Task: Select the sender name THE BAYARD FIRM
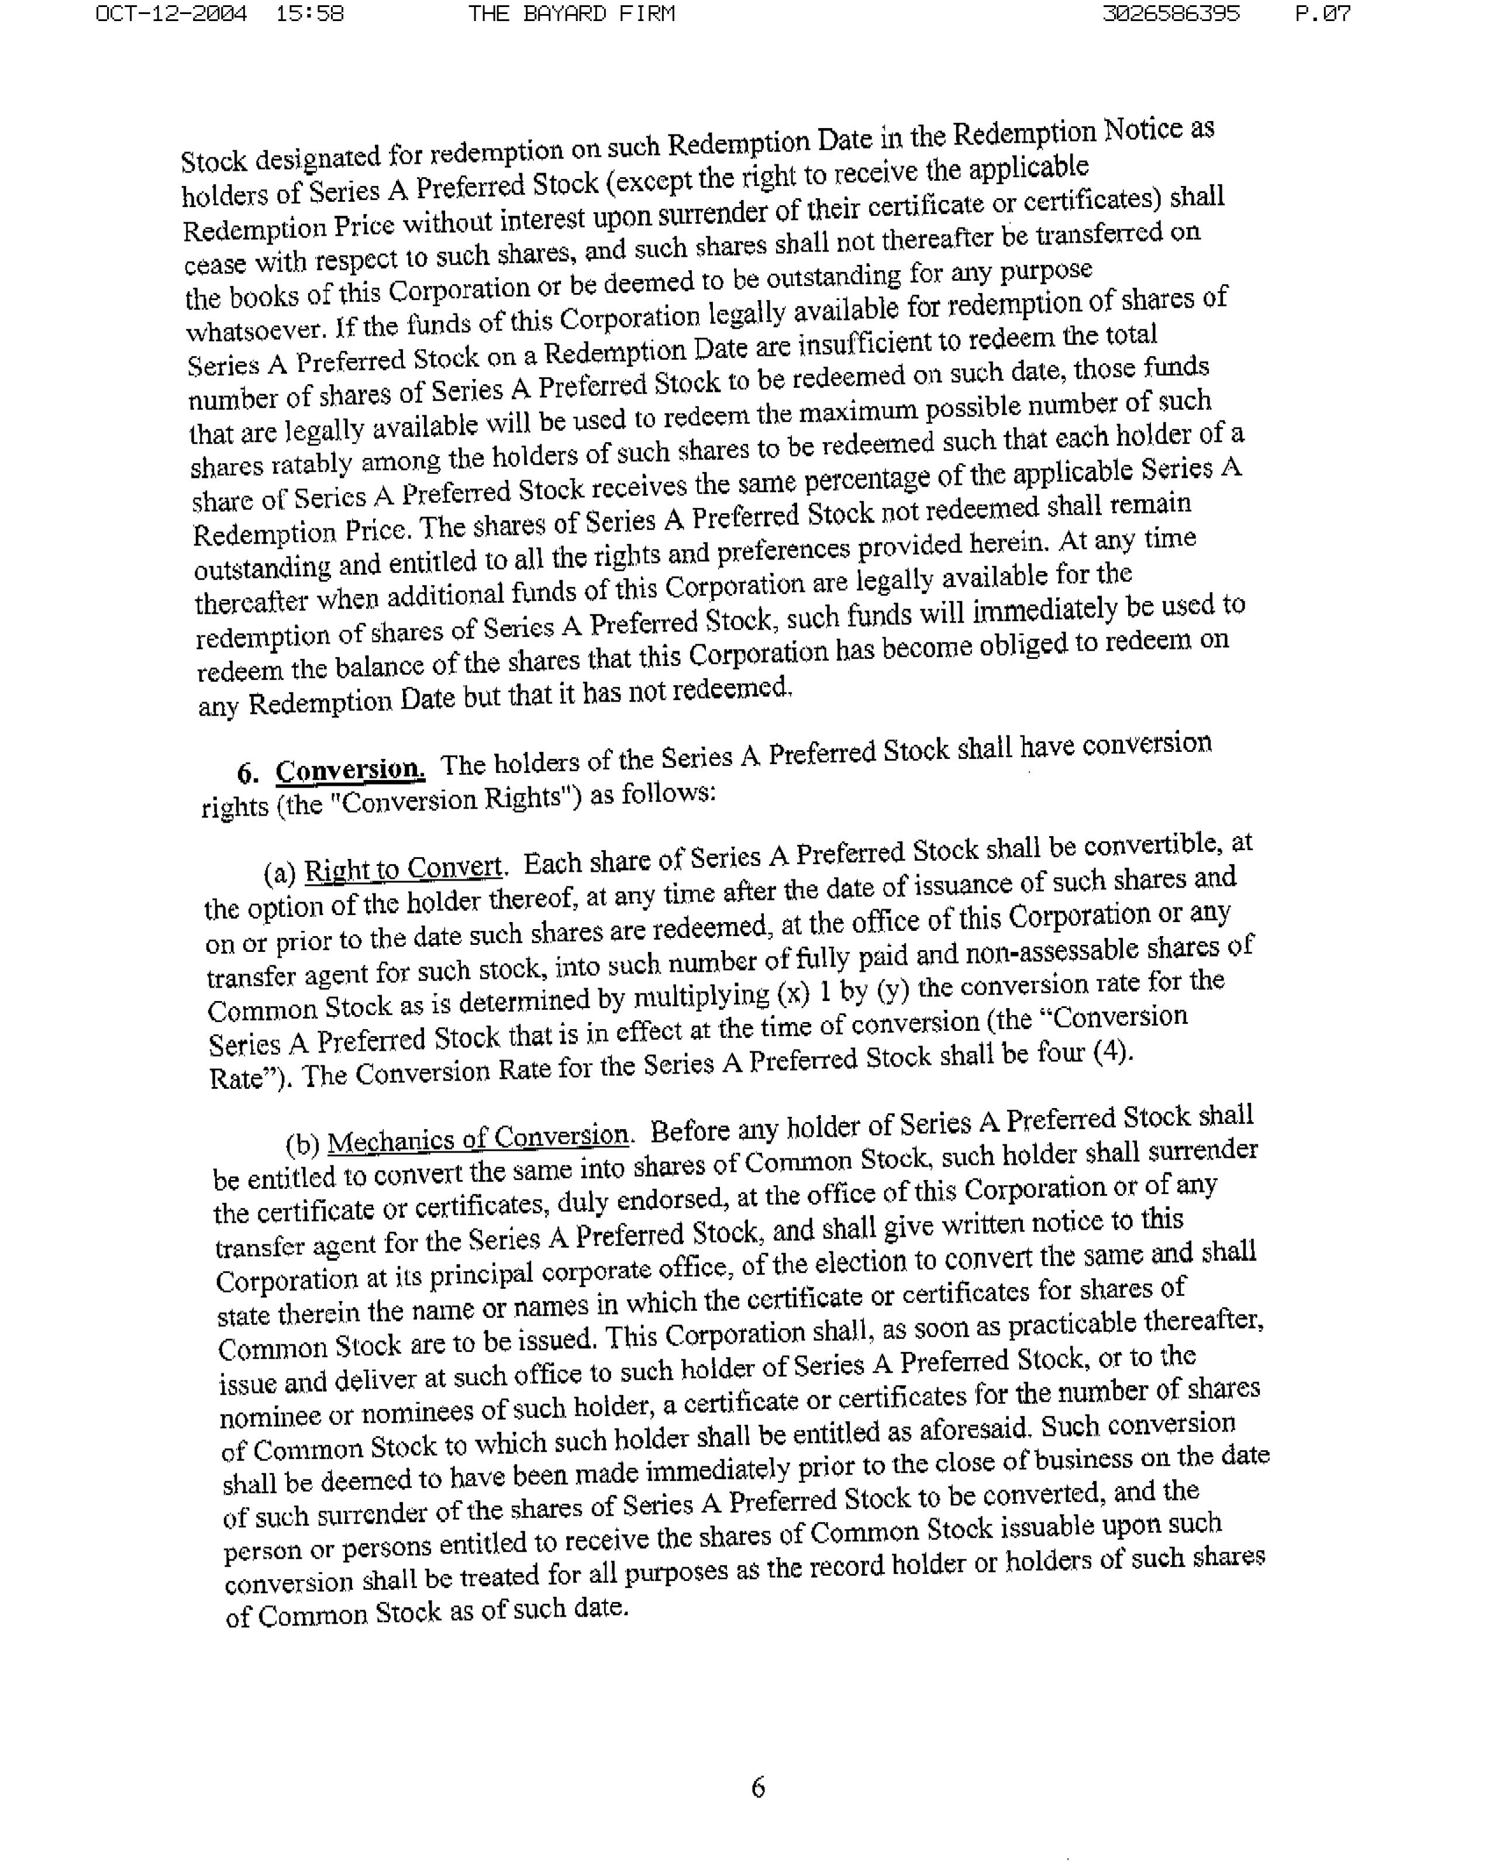tap(571, 14)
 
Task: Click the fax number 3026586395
tap(1171, 14)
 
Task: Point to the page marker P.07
tap(1322, 14)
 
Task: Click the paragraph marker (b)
tap(304, 1144)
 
